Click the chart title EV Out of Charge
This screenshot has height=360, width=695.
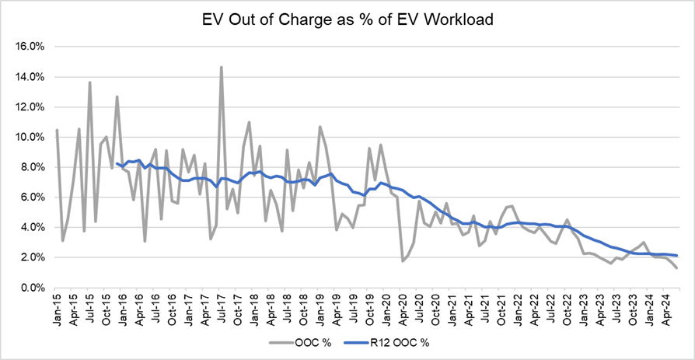[347, 19]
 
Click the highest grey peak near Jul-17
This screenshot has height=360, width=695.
[222, 67]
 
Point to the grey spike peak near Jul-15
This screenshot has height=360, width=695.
[90, 82]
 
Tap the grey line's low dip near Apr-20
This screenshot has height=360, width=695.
[403, 260]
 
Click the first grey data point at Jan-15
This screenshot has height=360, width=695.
[57, 130]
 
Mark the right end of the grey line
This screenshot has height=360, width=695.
[676, 267]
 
